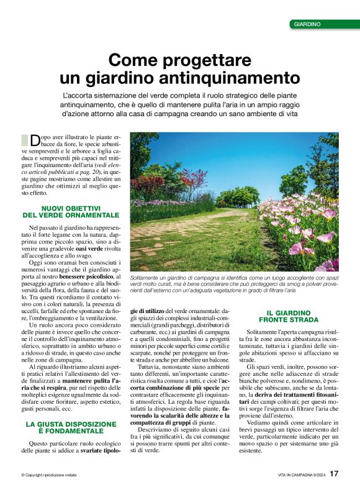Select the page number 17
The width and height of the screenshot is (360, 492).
click(x=334, y=474)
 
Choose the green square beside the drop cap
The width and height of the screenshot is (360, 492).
click(x=24, y=139)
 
